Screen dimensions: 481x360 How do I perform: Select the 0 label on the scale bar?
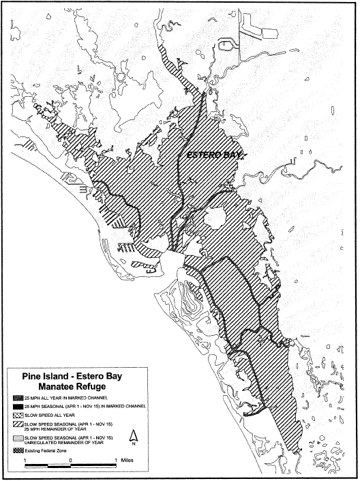coord(71,460)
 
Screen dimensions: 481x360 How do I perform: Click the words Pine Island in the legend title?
coord(42,373)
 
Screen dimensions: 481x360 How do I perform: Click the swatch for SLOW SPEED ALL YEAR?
coord(16,414)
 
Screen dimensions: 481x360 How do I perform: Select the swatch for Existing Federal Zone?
coord(16,450)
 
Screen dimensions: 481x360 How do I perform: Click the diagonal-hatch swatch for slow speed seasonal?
coord(16,423)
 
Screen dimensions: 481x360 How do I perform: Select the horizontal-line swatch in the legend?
coord(16,437)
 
